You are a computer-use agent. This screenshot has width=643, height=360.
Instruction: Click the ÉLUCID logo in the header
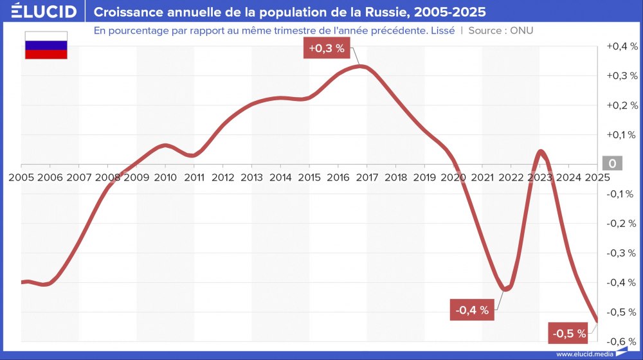click(44, 12)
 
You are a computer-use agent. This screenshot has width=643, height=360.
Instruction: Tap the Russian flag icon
click(46, 46)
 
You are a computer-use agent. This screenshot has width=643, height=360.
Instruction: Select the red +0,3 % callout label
click(327, 48)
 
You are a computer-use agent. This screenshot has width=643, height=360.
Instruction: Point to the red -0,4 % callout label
click(472, 310)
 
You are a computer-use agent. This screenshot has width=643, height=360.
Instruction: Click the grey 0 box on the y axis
click(611, 164)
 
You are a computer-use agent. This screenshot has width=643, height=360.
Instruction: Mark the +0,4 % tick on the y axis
click(621, 46)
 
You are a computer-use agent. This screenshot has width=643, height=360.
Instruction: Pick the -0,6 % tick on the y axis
click(621, 341)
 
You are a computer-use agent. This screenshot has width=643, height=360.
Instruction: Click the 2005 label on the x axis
click(21, 177)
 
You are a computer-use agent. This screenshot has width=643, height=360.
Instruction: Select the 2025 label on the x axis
click(597, 177)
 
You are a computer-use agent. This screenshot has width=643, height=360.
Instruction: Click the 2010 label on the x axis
click(165, 177)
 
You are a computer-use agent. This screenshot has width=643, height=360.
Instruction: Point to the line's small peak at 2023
click(541, 152)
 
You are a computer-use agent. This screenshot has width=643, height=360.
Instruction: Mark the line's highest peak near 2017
click(361, 66)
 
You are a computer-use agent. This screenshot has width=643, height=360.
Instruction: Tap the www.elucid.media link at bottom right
click(583, 354)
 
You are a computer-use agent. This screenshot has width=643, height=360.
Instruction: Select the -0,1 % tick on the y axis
click(621, 194)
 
